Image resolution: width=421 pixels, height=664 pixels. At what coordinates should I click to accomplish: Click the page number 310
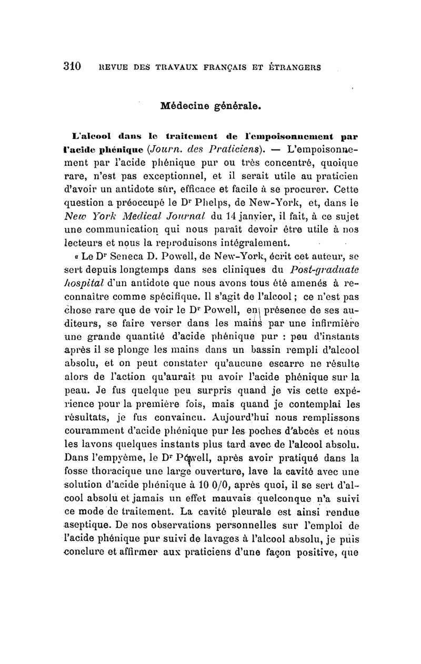point(71,67)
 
